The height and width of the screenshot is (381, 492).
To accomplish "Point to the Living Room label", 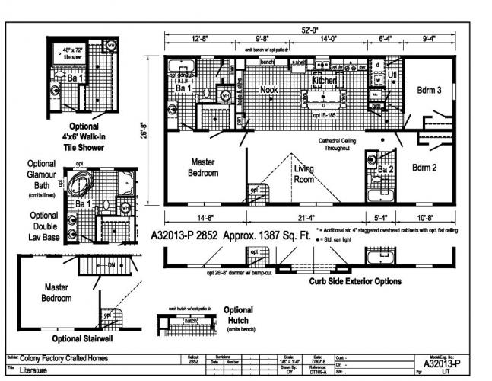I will (x=304, y=174).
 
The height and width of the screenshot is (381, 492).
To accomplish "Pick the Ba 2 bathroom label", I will (x=386, y=168).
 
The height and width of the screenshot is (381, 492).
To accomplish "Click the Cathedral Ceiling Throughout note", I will (x=344, y=145).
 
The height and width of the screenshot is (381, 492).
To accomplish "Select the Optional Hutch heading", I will (x=239, y=315).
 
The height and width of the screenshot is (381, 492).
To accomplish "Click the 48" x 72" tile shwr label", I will (x=73, y=52).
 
